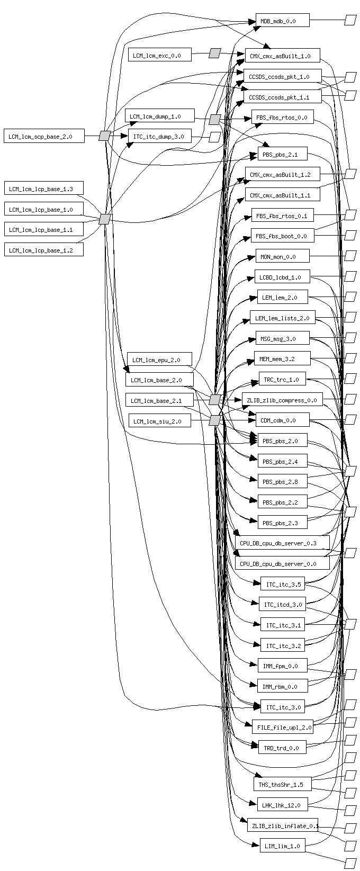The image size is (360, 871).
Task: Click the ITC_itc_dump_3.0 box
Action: click(x=159, y=136)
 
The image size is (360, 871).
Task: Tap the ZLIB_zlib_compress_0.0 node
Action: click(x=282, y=400)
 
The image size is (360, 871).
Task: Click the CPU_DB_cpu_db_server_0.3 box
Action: click(x=282, y=543)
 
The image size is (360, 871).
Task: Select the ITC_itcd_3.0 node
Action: click(x=282, y=604)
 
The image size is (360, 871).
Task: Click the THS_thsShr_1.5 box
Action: click(x=282, y=784)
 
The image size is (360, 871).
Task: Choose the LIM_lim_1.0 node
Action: click(x=282, y=846)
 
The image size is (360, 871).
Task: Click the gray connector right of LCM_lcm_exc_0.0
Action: click(x=214, y=53)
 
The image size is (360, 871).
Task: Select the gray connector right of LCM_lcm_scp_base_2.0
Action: click(x=104, y=136)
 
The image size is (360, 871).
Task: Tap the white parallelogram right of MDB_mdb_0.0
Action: click(x=350, y=20)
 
